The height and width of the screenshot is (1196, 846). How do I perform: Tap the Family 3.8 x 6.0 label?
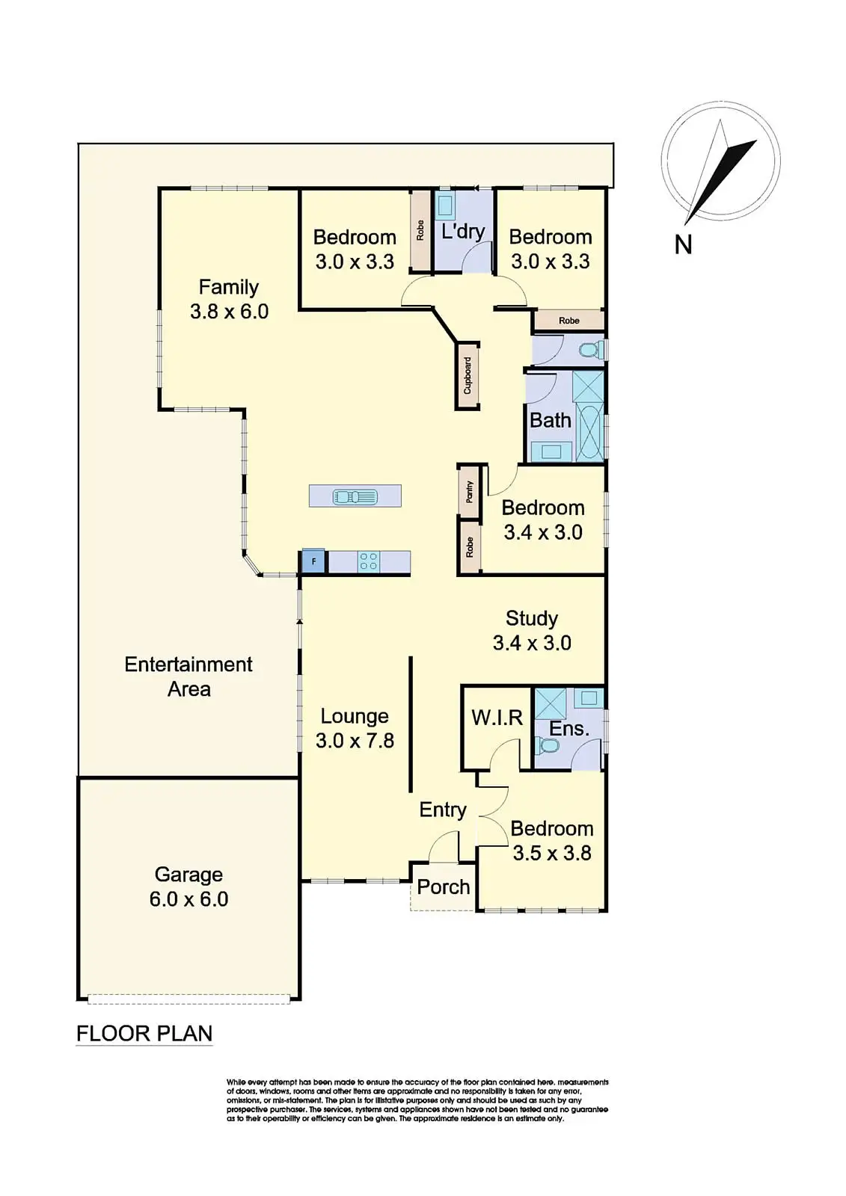(229, 299)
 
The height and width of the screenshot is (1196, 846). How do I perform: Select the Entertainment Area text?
(188, 676)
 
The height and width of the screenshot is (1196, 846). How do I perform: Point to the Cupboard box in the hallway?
(468, 375)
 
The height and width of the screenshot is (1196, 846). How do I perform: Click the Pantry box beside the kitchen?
(469, 491)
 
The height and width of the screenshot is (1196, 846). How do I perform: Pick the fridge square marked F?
(313, 561)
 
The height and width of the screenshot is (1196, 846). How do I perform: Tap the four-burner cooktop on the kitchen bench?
(368, 561)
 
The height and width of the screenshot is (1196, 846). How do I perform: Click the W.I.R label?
(497, 718)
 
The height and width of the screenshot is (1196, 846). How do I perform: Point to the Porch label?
(444, 887)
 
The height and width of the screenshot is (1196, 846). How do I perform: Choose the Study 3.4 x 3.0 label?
(532, 630)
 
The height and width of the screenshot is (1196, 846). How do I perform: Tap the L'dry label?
(463, 231)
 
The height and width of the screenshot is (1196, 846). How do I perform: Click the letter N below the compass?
(683, 244)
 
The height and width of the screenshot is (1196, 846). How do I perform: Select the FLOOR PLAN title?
(144, 1034)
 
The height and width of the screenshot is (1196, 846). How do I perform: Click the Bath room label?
(551, 420)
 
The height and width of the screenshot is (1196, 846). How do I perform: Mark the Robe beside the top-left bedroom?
(421, 229)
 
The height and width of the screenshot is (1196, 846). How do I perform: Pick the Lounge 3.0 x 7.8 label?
(355, 728)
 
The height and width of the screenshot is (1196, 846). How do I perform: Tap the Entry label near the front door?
(443, 810)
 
